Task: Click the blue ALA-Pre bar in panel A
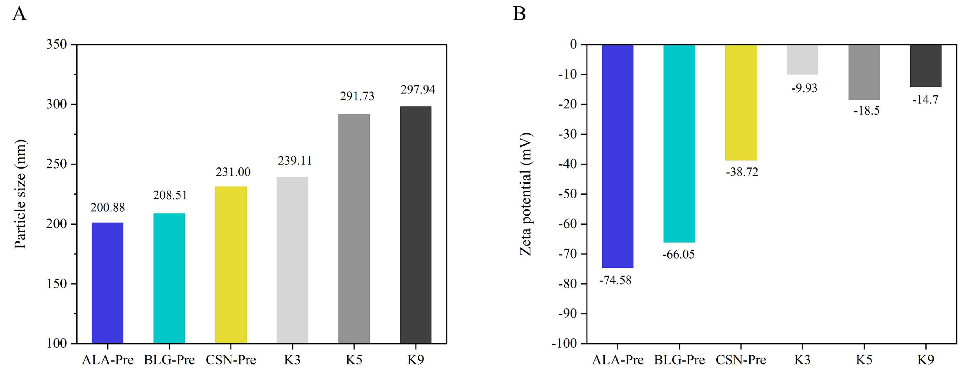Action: coord(107,283)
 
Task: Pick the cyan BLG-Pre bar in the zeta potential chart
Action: coord(679,143)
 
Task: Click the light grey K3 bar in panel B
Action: coord(802,60)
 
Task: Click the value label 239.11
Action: coord(295,161)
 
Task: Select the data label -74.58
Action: coord(615,280)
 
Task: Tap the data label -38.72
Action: coord(742,172)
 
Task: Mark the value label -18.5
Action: coord(866,111)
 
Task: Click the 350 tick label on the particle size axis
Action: coord(56,45)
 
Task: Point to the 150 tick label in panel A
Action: coord(56,284)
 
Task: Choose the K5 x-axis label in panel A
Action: coord(354,360)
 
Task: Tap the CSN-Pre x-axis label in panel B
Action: coord(741,360)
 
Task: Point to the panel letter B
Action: coord(519,14)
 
